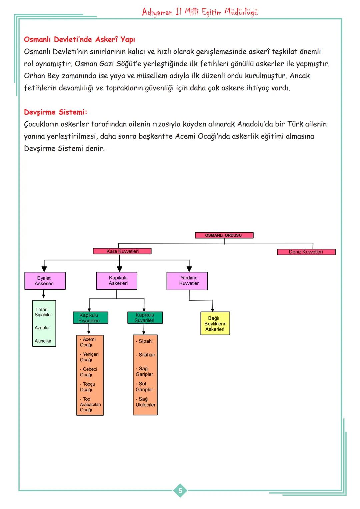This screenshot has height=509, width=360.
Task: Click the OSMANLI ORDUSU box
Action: (224, 235)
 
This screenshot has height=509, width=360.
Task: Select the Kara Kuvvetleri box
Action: (122, 251)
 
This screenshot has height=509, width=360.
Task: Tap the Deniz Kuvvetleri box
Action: (306, 252)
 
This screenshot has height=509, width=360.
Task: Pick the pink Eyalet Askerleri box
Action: (45, 281)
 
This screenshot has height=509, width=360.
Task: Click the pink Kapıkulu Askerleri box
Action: (117, 281)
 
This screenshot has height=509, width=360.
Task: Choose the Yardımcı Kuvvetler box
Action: (187, 281)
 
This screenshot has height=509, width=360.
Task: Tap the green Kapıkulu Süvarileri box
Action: (145, 318)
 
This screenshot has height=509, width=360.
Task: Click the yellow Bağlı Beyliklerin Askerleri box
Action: (215, 324)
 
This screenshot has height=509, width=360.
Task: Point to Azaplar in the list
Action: (42, 328)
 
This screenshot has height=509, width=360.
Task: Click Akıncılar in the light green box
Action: (43, 341)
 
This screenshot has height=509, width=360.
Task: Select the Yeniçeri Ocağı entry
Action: (89, 357)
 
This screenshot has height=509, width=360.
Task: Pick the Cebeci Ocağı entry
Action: (88, 372)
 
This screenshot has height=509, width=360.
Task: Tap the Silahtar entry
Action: (146, 355)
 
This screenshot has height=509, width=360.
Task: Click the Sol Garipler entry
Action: (144, 387)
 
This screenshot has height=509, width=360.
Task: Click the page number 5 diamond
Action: (180, 491)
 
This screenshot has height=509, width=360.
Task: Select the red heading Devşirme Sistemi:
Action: (55, 112)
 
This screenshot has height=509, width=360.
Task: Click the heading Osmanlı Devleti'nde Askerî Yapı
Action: (79, 39)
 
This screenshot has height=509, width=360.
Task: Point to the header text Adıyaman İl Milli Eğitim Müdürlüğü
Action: (200, 12)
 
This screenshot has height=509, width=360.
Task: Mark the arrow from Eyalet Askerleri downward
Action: (44, 294)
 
